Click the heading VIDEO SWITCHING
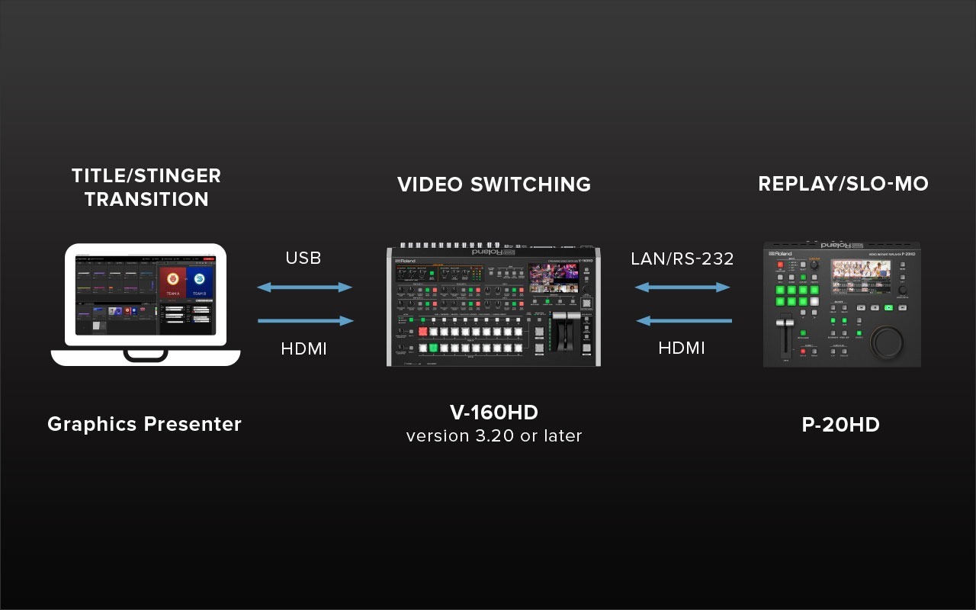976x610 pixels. pyautogui.click(x=493, y=185)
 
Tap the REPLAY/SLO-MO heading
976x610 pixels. pyautogui.click(x=843, y=185)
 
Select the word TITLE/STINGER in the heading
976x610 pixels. pyautogui.click(x=146, y=175)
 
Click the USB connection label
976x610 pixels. pyautogui.click(x=303, y=258)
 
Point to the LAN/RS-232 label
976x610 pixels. pyautogui.click(x=682, y=258)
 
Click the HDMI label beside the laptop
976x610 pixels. pyautogui.click(x=303, y=348)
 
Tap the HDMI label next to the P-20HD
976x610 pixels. pyautogui.click(x=682, y=348)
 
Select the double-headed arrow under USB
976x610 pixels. pyautogui.click(x=304, y=287)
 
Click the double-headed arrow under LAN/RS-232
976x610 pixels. pyautogui.click(x=682, y=287)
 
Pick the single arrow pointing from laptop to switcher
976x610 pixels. pyautogui.click(x=305, y=321)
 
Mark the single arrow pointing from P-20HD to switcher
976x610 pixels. pyautogui.click(x=682, y=321)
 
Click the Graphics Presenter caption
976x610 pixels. pyautogui.click(x=144, y=424)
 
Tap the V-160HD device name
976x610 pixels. pyautogui.click(x=493, y=413)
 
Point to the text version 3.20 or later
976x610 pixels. pyautogui.click(x=493, y=436)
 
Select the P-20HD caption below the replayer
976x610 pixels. pyautogui.click(x=840, y=424)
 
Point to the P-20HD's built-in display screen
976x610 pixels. pyautogui.click(x=860, y=278)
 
